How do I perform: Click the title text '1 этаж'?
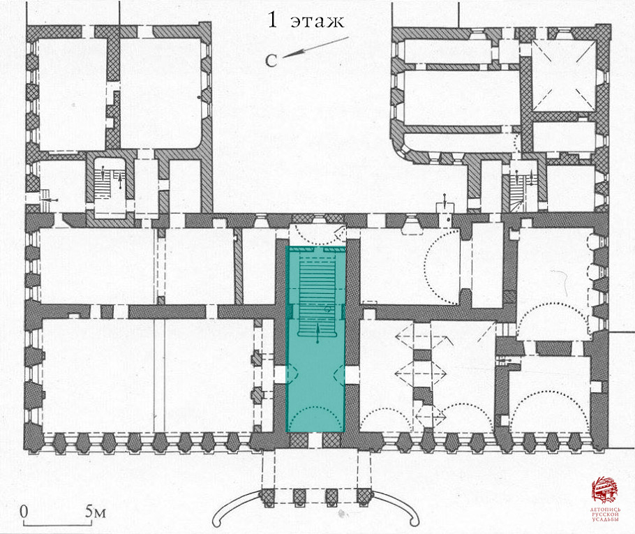pyautogui.click(x=306, y=20)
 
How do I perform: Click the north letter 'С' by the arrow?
pyautogui.click(x=271, y=61)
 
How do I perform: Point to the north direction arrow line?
pyautogui.click(x=315, y=47)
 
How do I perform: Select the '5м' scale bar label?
pyautogui.click(x=96, y=512)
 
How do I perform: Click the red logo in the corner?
pyautogui.click(x=606, y=491)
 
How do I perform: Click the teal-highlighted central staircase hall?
pyautogui.click(x=316, y=339)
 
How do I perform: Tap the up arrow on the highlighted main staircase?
pyautogui.click(x=317, y=333)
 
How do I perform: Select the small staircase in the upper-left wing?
pyautogui.click(x=110, y=184)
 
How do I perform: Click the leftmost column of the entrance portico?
pyautogui.click(x=267, y=497)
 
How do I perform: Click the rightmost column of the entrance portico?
pyautogui.click(x=364, y=497)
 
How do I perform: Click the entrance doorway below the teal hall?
pyautogui.click(x=316, y=440)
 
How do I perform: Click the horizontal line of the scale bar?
pyautogui.click(x=57, y=526)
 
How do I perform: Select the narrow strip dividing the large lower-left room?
pyautogui.click(x=160, y=376)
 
